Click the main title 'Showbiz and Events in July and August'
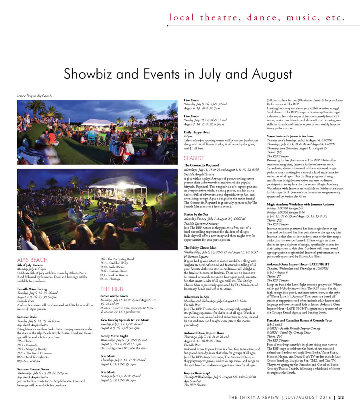[x=180, y=75]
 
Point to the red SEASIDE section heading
[x=194, y=158]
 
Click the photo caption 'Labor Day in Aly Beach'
[x=34, y=96]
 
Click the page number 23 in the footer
[x=341, y=398]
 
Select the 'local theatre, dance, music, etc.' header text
[x=257, y=18]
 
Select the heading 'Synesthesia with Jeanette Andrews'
[x=290, y=136]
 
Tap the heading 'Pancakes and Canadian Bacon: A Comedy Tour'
[x=299, y=332]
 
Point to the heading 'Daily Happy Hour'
[x=197, y=132]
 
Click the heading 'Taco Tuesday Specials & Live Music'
[x=125, y=320]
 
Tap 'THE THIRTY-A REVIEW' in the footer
[x=254, y=398]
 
